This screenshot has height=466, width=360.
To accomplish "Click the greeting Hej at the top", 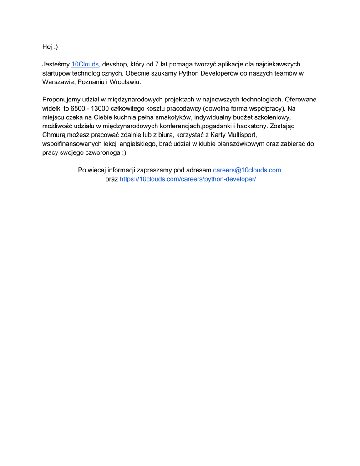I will pos(47,47).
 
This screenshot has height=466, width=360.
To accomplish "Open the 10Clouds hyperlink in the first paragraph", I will pos(85,64).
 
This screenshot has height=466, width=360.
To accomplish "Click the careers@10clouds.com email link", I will pos(247,170).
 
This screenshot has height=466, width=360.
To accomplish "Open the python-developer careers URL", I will pos(188,179).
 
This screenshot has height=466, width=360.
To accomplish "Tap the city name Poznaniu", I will pos(91,82).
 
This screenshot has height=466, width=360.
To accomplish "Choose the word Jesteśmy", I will pos(56,64).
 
